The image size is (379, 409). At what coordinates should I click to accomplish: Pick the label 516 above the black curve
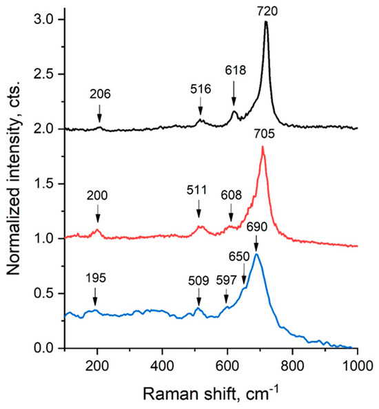[x=201, y=89]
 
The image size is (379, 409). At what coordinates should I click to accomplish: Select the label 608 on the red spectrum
[x=231, y=196]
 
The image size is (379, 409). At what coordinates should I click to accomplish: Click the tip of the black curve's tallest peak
[x=266, y=22]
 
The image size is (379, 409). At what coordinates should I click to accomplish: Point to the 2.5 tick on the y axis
[x=50, y=73]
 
